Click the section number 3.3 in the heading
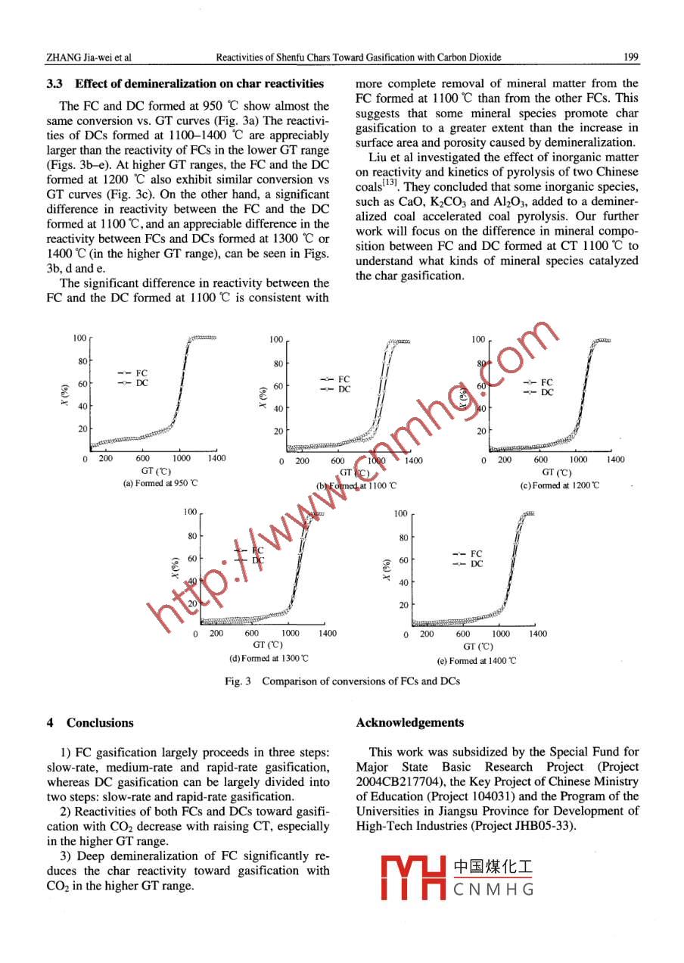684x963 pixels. pos(54,84)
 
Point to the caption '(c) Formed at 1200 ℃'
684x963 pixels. pos(559,485)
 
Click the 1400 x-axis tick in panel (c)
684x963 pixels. pos(616,460)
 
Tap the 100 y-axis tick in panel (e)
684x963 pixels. pos(401,514)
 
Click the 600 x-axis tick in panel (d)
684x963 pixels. pos(252,634)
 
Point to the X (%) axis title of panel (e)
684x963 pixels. pos(386,571)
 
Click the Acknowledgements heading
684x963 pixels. pos(409,723)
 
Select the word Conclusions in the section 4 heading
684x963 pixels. pos(100,723)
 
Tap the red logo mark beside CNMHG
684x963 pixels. pos(413,877)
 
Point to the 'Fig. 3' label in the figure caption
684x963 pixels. pos(238,681)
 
